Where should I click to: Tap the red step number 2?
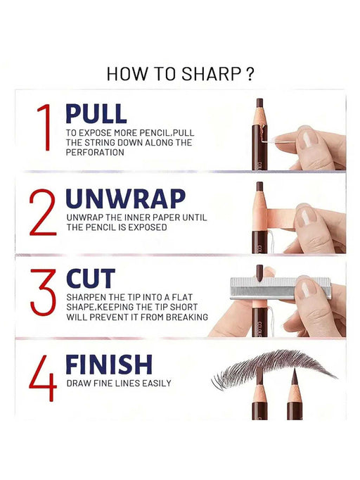tap(43, 212)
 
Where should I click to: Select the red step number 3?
tap(43, 292)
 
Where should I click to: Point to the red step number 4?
tap(43, 378)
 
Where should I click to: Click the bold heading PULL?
tap(96, 113)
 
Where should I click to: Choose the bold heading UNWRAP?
tap(125, 198)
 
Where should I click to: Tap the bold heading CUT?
tap(91, 279)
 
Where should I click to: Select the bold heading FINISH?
tap(109, 365)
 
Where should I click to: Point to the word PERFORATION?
tap(95, 153)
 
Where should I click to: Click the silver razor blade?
tap(280, 288)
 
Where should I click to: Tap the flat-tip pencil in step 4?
tap(259, 393)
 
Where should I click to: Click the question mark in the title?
tap(250, 74)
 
